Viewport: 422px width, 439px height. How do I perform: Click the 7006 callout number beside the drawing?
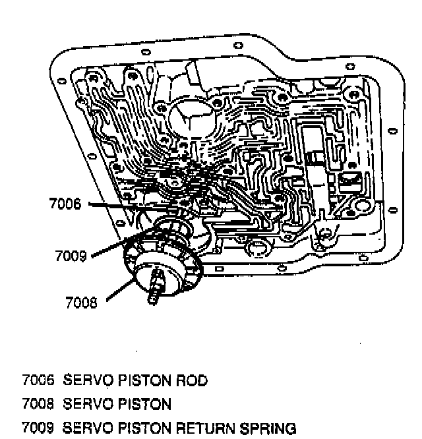click(x=65, y=204)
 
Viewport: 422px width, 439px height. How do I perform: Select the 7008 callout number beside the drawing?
click(x=81, y=303)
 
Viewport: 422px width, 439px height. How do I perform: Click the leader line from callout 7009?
click(x=109, y=247)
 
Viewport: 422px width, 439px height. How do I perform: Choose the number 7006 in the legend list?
click(x=35, y=380)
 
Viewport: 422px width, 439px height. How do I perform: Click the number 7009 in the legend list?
click(x=35, y=428)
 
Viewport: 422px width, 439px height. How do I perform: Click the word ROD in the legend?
click(x=195, y=380)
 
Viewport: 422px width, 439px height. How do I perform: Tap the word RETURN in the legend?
click(x=210, y=428)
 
